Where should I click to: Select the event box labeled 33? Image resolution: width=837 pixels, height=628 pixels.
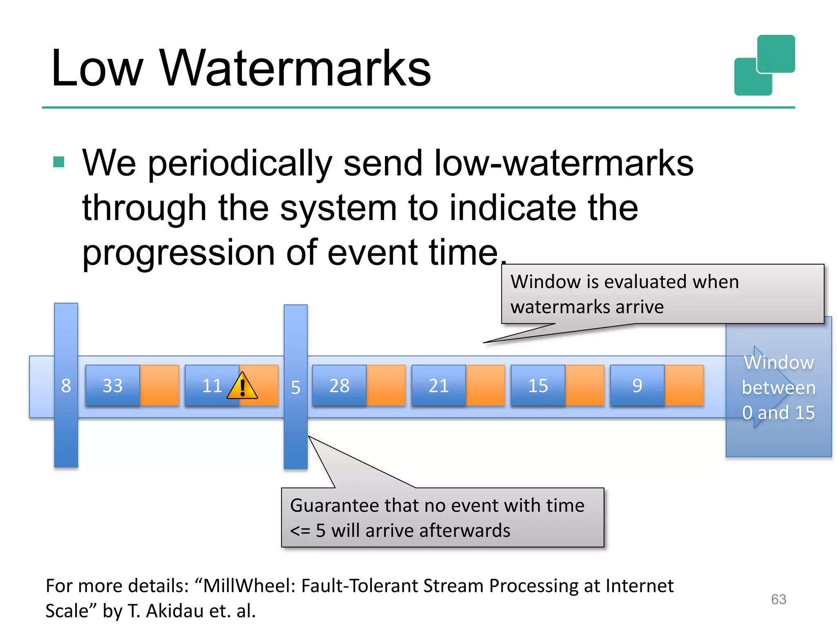coord(112,386)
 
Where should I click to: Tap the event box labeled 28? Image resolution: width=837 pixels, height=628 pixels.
coord(339,386)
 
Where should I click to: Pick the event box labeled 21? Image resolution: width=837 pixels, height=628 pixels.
coord(439,386)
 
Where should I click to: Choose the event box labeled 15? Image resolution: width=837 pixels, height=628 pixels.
coord(538,386)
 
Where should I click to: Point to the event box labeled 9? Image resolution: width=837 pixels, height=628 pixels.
coord(637,386)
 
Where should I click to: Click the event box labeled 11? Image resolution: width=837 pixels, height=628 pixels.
coord(212,386)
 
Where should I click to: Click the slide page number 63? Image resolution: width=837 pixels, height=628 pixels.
coord(778,599)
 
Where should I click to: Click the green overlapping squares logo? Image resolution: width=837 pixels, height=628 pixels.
coord(764,65)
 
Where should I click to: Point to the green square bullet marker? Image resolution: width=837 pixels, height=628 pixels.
coord(59,162)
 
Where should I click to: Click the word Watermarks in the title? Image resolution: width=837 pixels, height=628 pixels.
coord(295,68)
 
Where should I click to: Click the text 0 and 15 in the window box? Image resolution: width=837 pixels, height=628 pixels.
coord(778,413)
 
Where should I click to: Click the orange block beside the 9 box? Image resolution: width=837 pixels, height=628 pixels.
coord(684,386)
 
